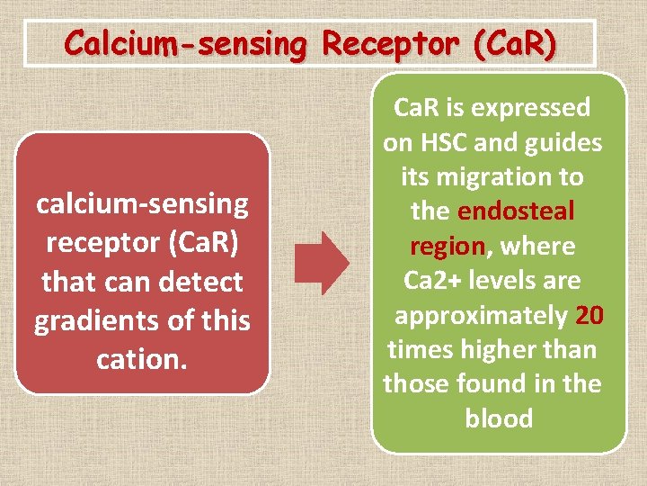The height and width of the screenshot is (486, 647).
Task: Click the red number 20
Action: coord(589,315)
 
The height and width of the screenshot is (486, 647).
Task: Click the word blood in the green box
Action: coord(499,418)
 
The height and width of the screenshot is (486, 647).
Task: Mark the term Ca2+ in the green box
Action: coord(433,280)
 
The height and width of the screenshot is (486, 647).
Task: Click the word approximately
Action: coord(481,315)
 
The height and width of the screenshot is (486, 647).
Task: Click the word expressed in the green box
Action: coord(533,107)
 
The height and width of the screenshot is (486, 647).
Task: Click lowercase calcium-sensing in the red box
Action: coord(142,204)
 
